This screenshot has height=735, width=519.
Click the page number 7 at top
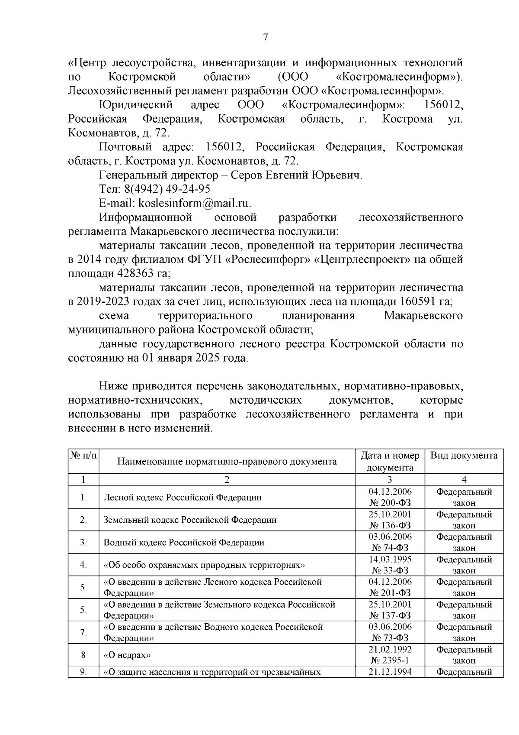tap(266, 38)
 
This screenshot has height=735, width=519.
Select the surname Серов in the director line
tap(246, 175)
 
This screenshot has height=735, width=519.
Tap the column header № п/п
tap(83, 456)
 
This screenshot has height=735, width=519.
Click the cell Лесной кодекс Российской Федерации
tap(183, 497)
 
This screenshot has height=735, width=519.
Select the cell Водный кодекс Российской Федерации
tap(184, 542)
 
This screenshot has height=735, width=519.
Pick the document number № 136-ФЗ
tap(390, 525)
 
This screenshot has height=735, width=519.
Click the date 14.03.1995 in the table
tap(390, 559)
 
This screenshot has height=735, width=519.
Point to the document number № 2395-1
tap(390, 661)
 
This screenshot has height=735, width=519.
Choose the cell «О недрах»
tap(127, 655)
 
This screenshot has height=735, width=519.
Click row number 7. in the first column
tap(83, 632)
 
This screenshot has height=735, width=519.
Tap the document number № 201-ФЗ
tap(390, 593)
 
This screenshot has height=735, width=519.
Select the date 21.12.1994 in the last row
tap(390, 672)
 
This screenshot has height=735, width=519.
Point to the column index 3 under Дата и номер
tap(390, 479)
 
